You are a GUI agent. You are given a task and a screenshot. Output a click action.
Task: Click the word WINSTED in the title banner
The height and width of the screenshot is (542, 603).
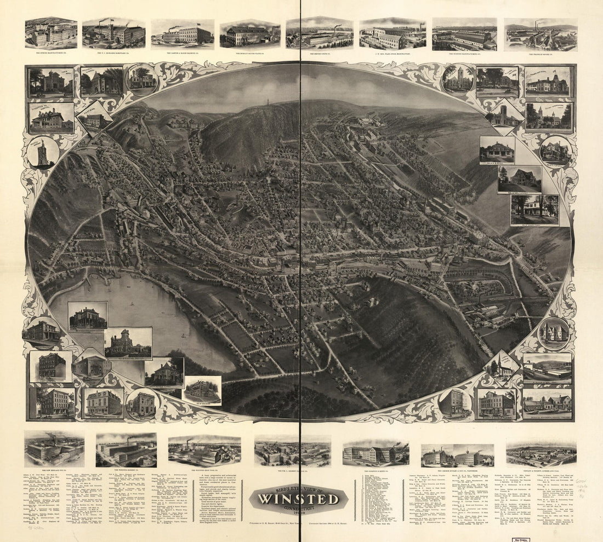299,499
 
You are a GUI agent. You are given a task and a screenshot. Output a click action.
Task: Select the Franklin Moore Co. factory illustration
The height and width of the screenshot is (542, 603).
540,35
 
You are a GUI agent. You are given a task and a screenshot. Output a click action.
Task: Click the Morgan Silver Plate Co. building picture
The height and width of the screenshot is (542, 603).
250,34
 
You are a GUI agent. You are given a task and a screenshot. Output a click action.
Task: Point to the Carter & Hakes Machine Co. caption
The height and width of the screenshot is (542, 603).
183,54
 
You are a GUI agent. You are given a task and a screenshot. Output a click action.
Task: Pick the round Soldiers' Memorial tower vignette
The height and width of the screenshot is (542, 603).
43,152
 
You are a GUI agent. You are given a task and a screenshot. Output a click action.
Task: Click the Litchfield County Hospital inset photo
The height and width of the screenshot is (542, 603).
51,118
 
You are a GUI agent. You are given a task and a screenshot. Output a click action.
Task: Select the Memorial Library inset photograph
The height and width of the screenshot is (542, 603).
102,82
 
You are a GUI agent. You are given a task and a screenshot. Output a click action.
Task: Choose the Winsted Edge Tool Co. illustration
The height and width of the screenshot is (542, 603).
204,451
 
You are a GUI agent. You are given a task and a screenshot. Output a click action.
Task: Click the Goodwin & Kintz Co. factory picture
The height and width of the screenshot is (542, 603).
376,452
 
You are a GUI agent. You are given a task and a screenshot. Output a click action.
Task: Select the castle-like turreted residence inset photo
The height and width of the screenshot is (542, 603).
128,343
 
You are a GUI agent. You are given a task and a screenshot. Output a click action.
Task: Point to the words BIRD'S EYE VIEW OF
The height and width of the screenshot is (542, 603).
298,488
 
